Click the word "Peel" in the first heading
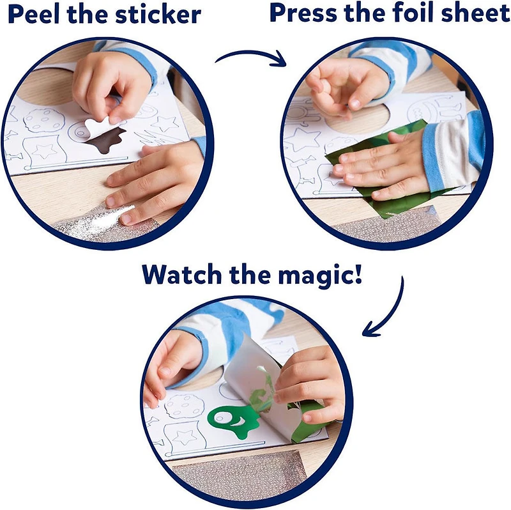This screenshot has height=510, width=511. (x=33, y=14)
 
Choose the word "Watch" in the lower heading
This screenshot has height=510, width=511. (x=182, y=274)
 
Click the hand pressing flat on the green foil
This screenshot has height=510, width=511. (x=377, y=166)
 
